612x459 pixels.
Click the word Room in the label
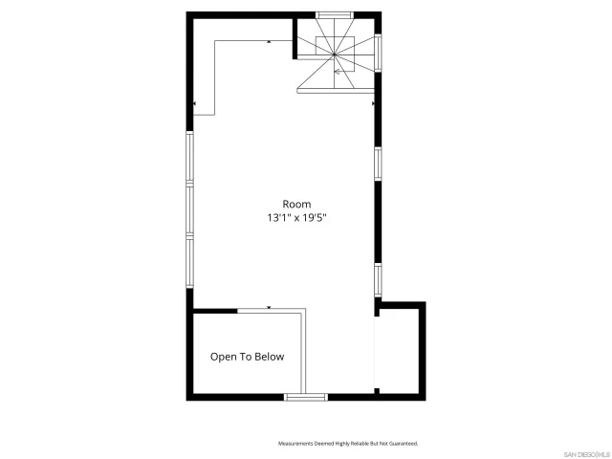296,204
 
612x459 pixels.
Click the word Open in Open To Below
224,357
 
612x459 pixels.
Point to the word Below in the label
269,357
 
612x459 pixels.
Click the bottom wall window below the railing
306,395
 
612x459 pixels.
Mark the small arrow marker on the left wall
194,103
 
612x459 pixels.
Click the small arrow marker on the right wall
373,103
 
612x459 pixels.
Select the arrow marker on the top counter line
270,42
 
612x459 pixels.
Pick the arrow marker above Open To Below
270,308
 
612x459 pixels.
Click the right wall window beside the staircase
379,54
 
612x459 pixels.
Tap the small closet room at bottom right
400,349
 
